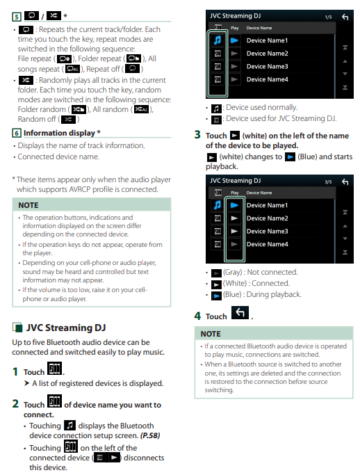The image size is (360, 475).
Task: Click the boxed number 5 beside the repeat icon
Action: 17,17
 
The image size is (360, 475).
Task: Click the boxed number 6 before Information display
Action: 17,133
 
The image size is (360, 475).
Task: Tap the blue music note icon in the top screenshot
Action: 218,40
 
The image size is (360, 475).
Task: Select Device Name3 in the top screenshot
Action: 267,66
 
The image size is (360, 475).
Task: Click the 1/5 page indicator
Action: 328,17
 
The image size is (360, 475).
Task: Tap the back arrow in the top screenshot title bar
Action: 345,17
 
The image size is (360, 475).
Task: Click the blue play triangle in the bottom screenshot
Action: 234,205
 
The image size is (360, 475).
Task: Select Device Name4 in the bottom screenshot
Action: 267,244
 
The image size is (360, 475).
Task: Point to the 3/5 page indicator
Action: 328,182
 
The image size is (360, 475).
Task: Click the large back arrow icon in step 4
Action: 240,312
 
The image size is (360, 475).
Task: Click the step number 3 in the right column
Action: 197,134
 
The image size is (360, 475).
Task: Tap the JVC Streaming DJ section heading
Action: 66,328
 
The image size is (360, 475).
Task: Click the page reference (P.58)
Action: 150,435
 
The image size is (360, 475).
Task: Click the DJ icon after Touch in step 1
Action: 54,368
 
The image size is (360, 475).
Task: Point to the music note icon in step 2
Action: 69,426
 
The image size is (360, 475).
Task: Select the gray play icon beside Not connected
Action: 216,273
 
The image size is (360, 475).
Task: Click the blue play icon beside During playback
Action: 216,296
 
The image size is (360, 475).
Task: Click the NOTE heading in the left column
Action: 28,205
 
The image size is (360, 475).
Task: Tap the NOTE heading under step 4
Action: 211,334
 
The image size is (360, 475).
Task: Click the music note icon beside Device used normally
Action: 216,108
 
